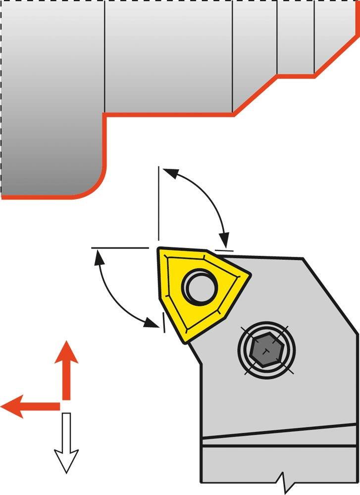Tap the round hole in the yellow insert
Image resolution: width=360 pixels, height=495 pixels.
point(201,287)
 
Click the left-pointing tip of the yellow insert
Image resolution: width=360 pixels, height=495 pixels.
point(159,250)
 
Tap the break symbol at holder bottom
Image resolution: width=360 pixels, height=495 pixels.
point(284,480)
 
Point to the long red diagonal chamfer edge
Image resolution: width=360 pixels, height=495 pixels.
point(255,96)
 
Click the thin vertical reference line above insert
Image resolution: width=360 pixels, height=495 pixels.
point(158,203)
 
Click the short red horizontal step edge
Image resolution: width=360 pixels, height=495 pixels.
point(296,76)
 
